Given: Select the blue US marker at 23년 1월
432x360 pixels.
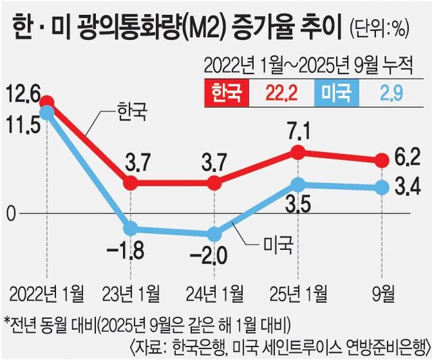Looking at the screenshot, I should [x=131, y=228].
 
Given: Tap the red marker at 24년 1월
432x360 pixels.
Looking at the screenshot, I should [x=215, y=182].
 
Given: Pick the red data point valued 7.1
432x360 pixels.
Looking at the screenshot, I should [x=298, y=152].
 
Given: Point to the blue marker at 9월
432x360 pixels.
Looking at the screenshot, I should [x=381, y=187].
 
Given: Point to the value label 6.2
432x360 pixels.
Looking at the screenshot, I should [x=408, y=157].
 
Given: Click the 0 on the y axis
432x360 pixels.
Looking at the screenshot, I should [x=10, y=213].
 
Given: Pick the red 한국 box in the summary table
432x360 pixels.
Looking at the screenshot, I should [x=228, y=91].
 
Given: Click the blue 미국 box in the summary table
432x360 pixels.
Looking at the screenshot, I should [x=338, y=91].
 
